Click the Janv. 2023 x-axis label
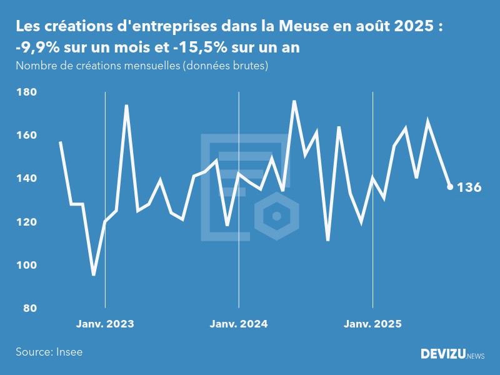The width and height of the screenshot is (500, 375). click(x=105, y=324)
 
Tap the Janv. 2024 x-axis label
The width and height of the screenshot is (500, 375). click(x=239, y=324)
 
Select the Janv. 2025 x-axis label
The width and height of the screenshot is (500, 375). click(x=373, y=324)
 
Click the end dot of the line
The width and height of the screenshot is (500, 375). click(x=450, y=186)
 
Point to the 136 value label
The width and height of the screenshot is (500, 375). click(x=469, y=187)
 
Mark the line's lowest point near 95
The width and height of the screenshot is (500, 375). click(x=94, y=274)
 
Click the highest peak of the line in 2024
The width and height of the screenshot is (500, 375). click(x=294, y=101)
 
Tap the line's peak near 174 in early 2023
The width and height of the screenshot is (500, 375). click(x=127, y=106)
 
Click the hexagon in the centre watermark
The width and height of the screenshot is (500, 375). click(x=276, y=217)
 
